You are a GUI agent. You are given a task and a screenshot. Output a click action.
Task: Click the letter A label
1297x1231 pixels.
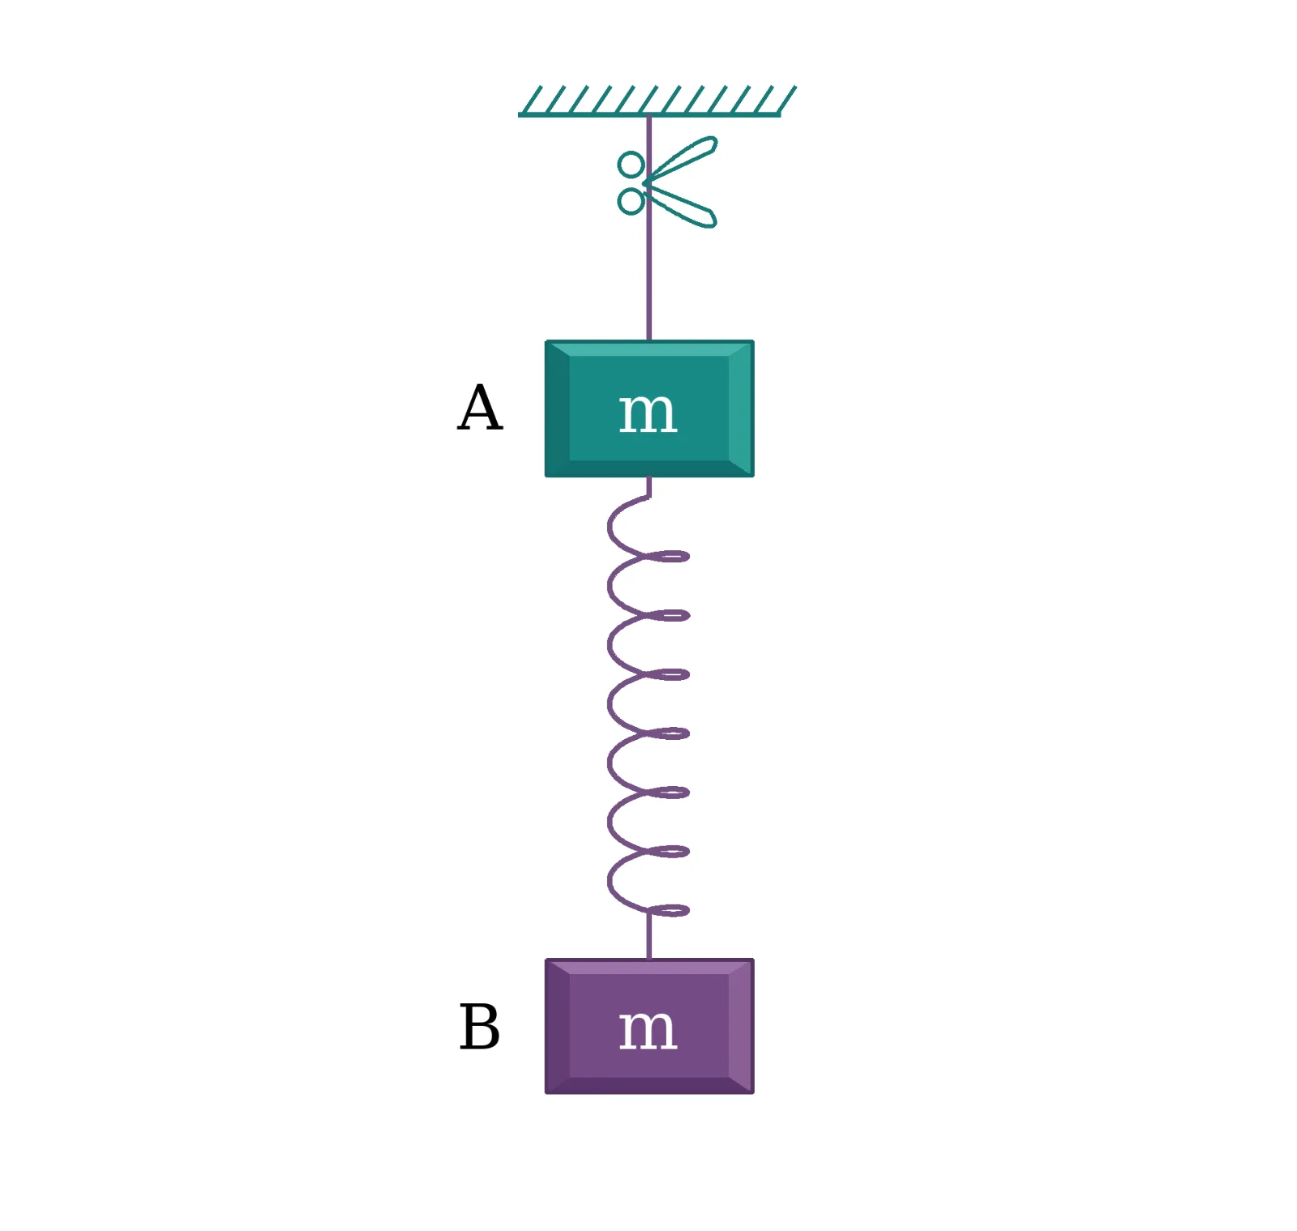[x=480, y=408]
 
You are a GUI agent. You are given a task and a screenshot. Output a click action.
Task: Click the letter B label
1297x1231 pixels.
[x=479, y=1027]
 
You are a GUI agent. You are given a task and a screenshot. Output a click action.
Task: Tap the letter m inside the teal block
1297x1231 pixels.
[x=648, y=412]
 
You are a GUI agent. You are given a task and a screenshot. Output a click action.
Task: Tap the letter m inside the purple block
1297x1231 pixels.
[x=648, y=1030]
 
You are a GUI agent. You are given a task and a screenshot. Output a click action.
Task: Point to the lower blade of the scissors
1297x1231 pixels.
[x=681, y=206]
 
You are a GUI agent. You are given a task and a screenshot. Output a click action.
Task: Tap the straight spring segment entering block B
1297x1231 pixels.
[x=648, y=936]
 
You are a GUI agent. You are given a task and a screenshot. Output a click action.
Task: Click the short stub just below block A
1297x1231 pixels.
[x=648, y=486]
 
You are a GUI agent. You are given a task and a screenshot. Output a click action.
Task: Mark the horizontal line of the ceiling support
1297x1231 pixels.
[x=649, y=114]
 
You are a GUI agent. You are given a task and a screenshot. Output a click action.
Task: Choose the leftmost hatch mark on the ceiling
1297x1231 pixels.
[x=531, y=99]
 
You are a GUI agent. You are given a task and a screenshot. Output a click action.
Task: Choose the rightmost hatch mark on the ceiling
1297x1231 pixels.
[x=786, y=99]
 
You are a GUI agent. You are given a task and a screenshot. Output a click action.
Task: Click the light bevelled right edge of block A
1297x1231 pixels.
[x=741, y=408]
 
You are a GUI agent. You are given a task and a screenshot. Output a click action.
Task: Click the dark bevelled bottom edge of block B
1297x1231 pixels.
[x=649, y=1085]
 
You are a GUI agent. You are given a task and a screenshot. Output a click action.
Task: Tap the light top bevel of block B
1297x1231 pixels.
[x=649, y=967]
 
